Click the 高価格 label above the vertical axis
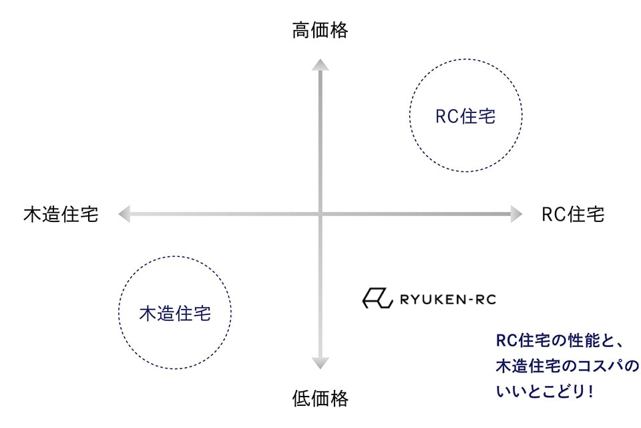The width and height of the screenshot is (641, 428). [320, 30]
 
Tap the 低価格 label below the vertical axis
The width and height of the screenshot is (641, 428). [320, 399]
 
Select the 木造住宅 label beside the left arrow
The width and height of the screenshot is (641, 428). [61, 215]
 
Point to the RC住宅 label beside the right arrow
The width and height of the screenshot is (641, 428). [573, 215]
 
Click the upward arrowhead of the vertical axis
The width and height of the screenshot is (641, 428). [320, 64]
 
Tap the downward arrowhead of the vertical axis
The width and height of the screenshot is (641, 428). [320, 363]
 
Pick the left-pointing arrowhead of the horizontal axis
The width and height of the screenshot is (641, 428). [124, 214]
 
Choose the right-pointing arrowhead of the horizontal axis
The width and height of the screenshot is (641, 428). [516, 214]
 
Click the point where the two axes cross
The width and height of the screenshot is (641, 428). [320, 214]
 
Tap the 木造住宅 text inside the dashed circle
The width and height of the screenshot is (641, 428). [175, 313]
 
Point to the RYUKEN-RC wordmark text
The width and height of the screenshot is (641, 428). [447, 298]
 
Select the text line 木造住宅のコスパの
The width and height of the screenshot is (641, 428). [567, 366]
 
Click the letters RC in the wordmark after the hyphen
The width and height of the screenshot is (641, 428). [485, 298]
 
